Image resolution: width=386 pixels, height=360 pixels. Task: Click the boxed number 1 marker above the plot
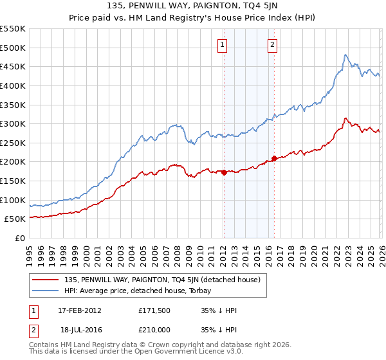coord(223,45)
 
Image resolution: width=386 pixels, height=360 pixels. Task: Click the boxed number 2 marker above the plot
coord(273,45)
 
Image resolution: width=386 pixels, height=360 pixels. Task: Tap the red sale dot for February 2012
coord(224,172)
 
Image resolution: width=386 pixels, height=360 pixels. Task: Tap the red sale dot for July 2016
coord(274,157)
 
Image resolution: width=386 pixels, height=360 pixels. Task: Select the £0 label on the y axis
coord(19,238)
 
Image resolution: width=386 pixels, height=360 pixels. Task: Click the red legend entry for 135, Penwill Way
coord(161,280)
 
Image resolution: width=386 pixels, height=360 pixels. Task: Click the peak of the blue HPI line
coord(345,55)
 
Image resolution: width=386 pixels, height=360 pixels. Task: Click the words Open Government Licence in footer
coord(180,353)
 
